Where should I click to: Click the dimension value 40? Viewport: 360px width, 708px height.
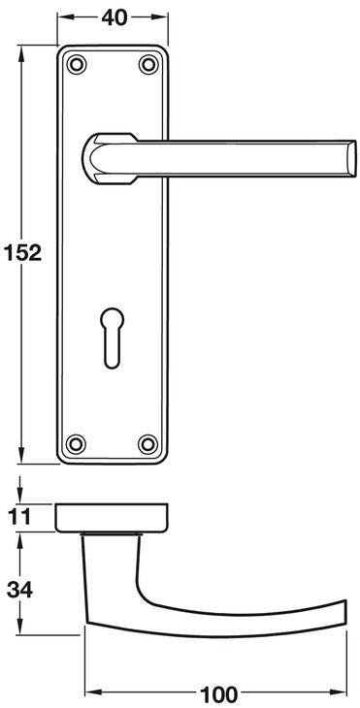click(x=115, y=17)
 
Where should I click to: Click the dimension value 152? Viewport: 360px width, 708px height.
click(x=22, y=253)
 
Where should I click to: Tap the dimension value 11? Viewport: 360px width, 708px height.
click(x=19, y=517)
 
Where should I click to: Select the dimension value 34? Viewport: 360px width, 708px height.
click(x=19, y=590)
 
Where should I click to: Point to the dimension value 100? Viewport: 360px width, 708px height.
click(x=218, y=693)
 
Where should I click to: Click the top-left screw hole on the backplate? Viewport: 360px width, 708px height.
click(x=77, y=64)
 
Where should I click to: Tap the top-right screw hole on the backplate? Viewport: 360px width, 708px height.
click(x=148, y=64)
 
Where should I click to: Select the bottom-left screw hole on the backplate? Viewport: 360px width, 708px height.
click(x=76, y=444)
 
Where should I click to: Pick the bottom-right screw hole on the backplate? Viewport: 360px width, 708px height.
click(x=147, y=444)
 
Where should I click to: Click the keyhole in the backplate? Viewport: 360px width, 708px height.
click(x=112, y=338)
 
